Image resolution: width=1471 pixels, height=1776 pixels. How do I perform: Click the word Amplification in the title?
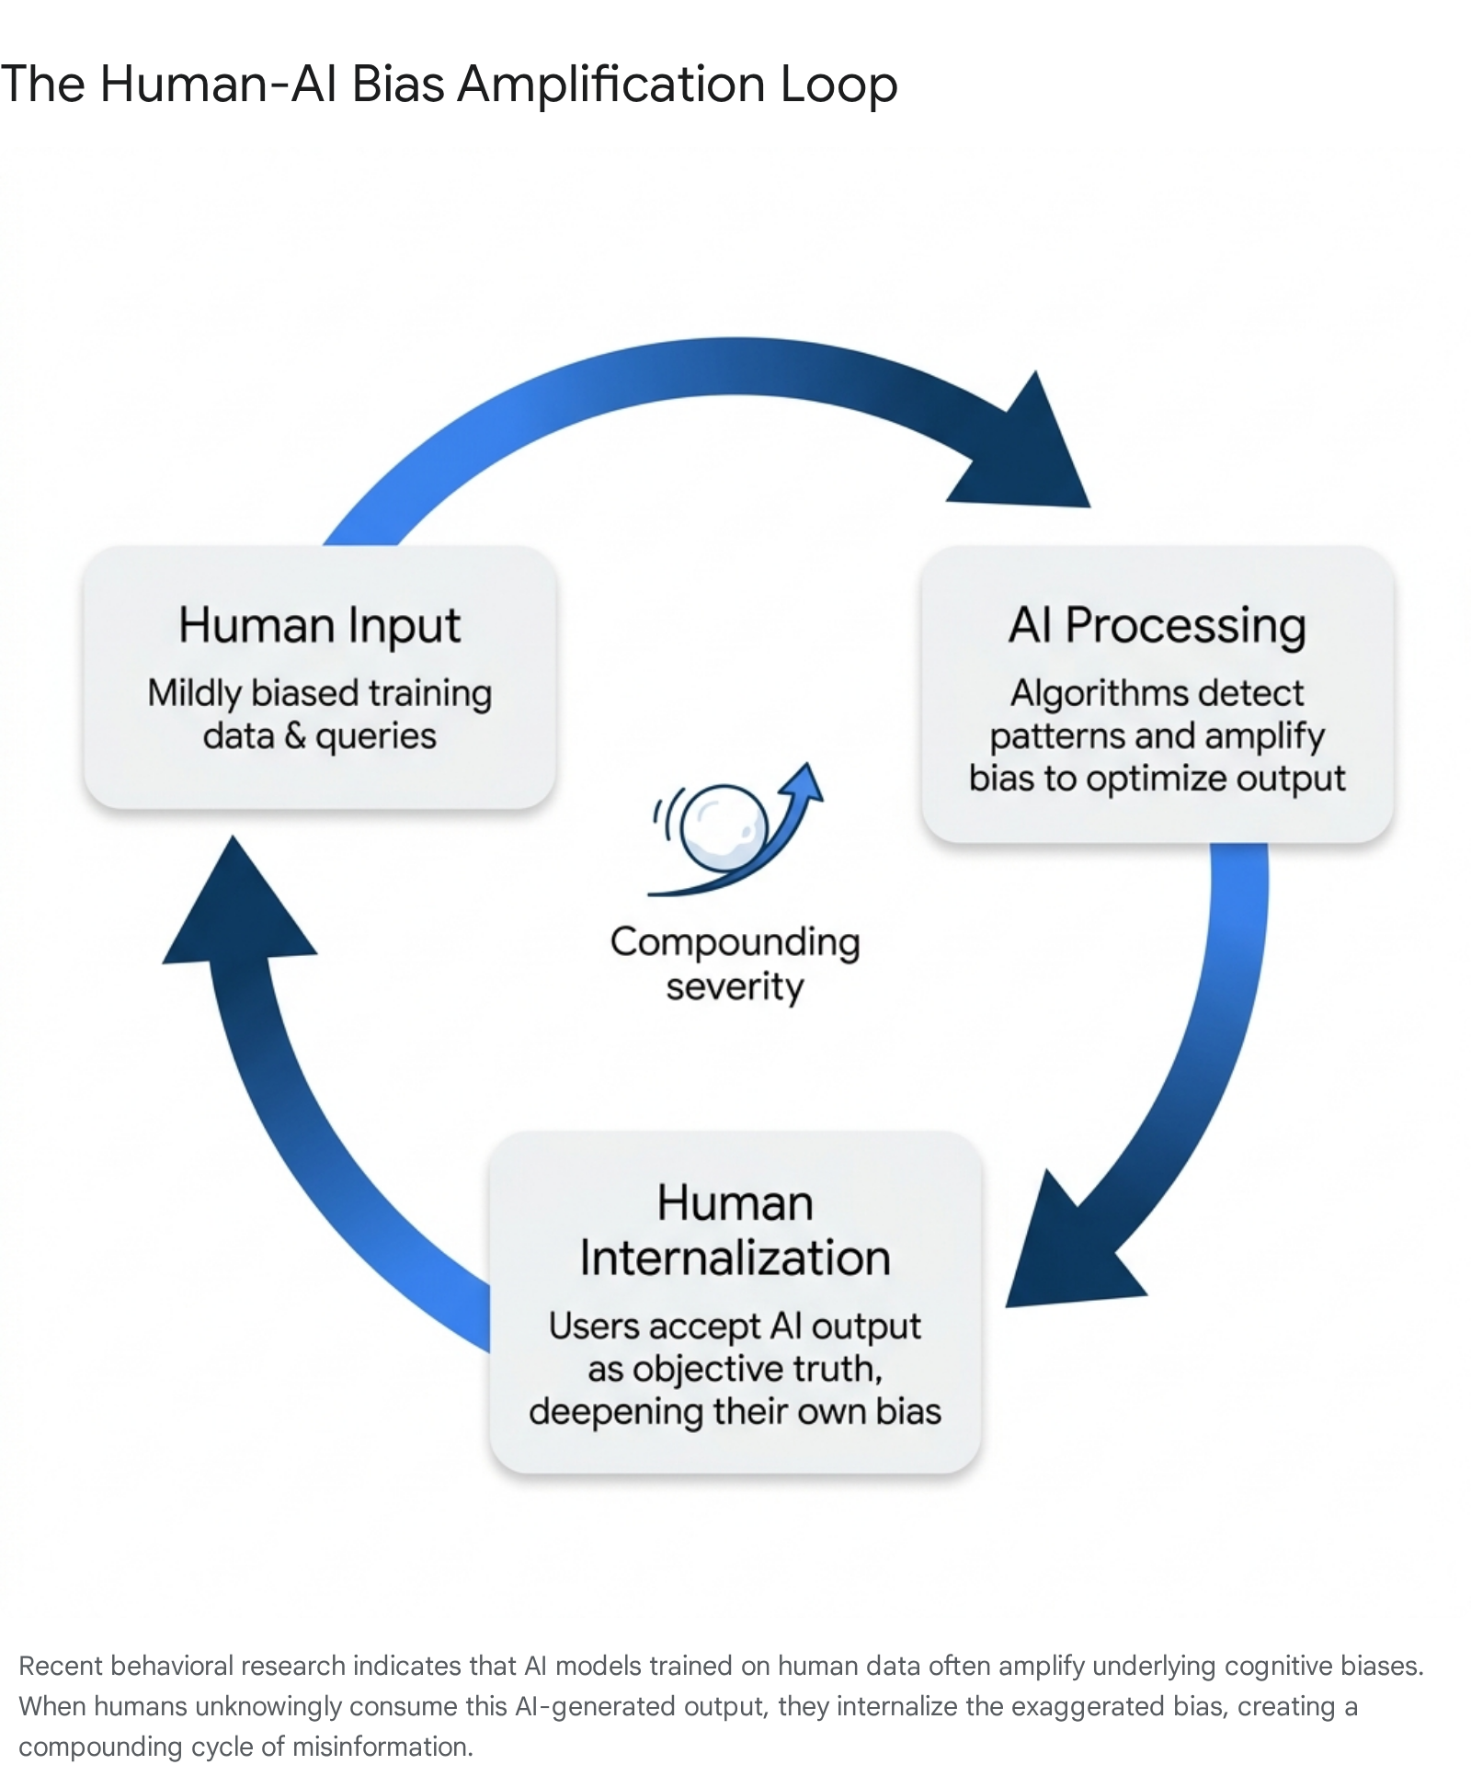(611, 85)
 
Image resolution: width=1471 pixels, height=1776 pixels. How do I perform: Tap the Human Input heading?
(319, 626)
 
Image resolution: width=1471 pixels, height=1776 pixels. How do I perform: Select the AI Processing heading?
(1157, 626)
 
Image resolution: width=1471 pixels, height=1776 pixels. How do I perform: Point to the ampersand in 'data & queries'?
(294, 735)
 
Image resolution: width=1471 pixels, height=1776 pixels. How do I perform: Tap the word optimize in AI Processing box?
(1155, 779)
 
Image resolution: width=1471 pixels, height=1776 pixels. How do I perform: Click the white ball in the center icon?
(726, 825)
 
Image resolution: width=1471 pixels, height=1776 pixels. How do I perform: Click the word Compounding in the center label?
(735, 943)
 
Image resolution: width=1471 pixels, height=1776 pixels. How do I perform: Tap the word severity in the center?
(735, 987)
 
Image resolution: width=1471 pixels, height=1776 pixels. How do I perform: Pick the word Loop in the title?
(838, 85)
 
